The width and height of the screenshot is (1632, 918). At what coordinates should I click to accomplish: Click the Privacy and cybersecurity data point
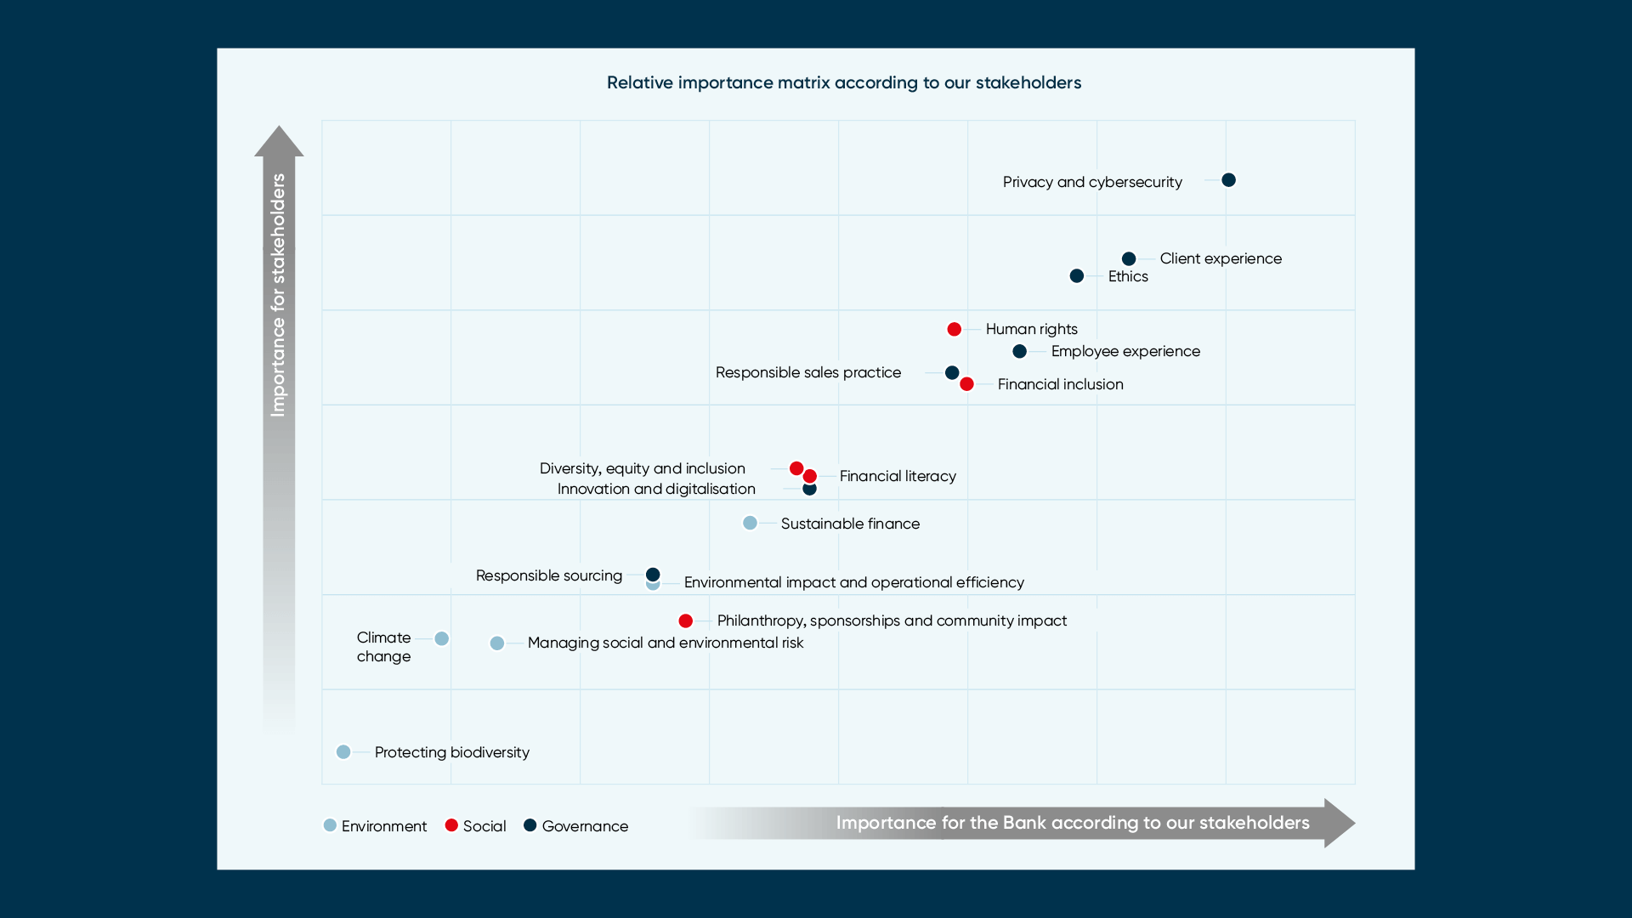(x=1228, y=180)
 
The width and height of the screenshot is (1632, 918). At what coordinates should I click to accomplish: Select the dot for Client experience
(x=1129, y=258)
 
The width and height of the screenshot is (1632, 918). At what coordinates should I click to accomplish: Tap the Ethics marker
(x=1077, y=276)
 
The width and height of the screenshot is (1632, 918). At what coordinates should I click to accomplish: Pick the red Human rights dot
(x=955, y=329)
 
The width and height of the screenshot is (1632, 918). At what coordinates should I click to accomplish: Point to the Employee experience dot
(x=1020, y=351)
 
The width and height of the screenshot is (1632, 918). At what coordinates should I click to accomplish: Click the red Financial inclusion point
(x=966, y=384)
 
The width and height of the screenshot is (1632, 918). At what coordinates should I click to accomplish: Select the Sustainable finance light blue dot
(x=750, y=523)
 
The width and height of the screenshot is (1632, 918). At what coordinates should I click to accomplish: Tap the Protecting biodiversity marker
(x=343, y=751)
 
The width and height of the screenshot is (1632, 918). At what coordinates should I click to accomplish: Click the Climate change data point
(x=441, y=638)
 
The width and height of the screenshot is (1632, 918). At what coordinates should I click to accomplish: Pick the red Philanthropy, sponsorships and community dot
(x=686, y=620)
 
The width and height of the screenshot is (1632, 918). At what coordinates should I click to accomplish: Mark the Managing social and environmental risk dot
(x=497, y=643)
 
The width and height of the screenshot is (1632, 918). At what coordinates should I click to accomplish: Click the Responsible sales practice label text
(x=807, y=372)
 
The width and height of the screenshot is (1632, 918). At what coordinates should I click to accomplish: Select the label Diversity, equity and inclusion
(x=642, y=468)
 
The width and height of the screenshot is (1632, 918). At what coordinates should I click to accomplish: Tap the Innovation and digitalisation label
(x=656, y=489)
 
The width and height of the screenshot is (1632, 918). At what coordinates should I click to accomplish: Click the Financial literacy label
(x=898, y=476)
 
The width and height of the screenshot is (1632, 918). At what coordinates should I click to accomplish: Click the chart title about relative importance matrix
(x=844, y=82)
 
